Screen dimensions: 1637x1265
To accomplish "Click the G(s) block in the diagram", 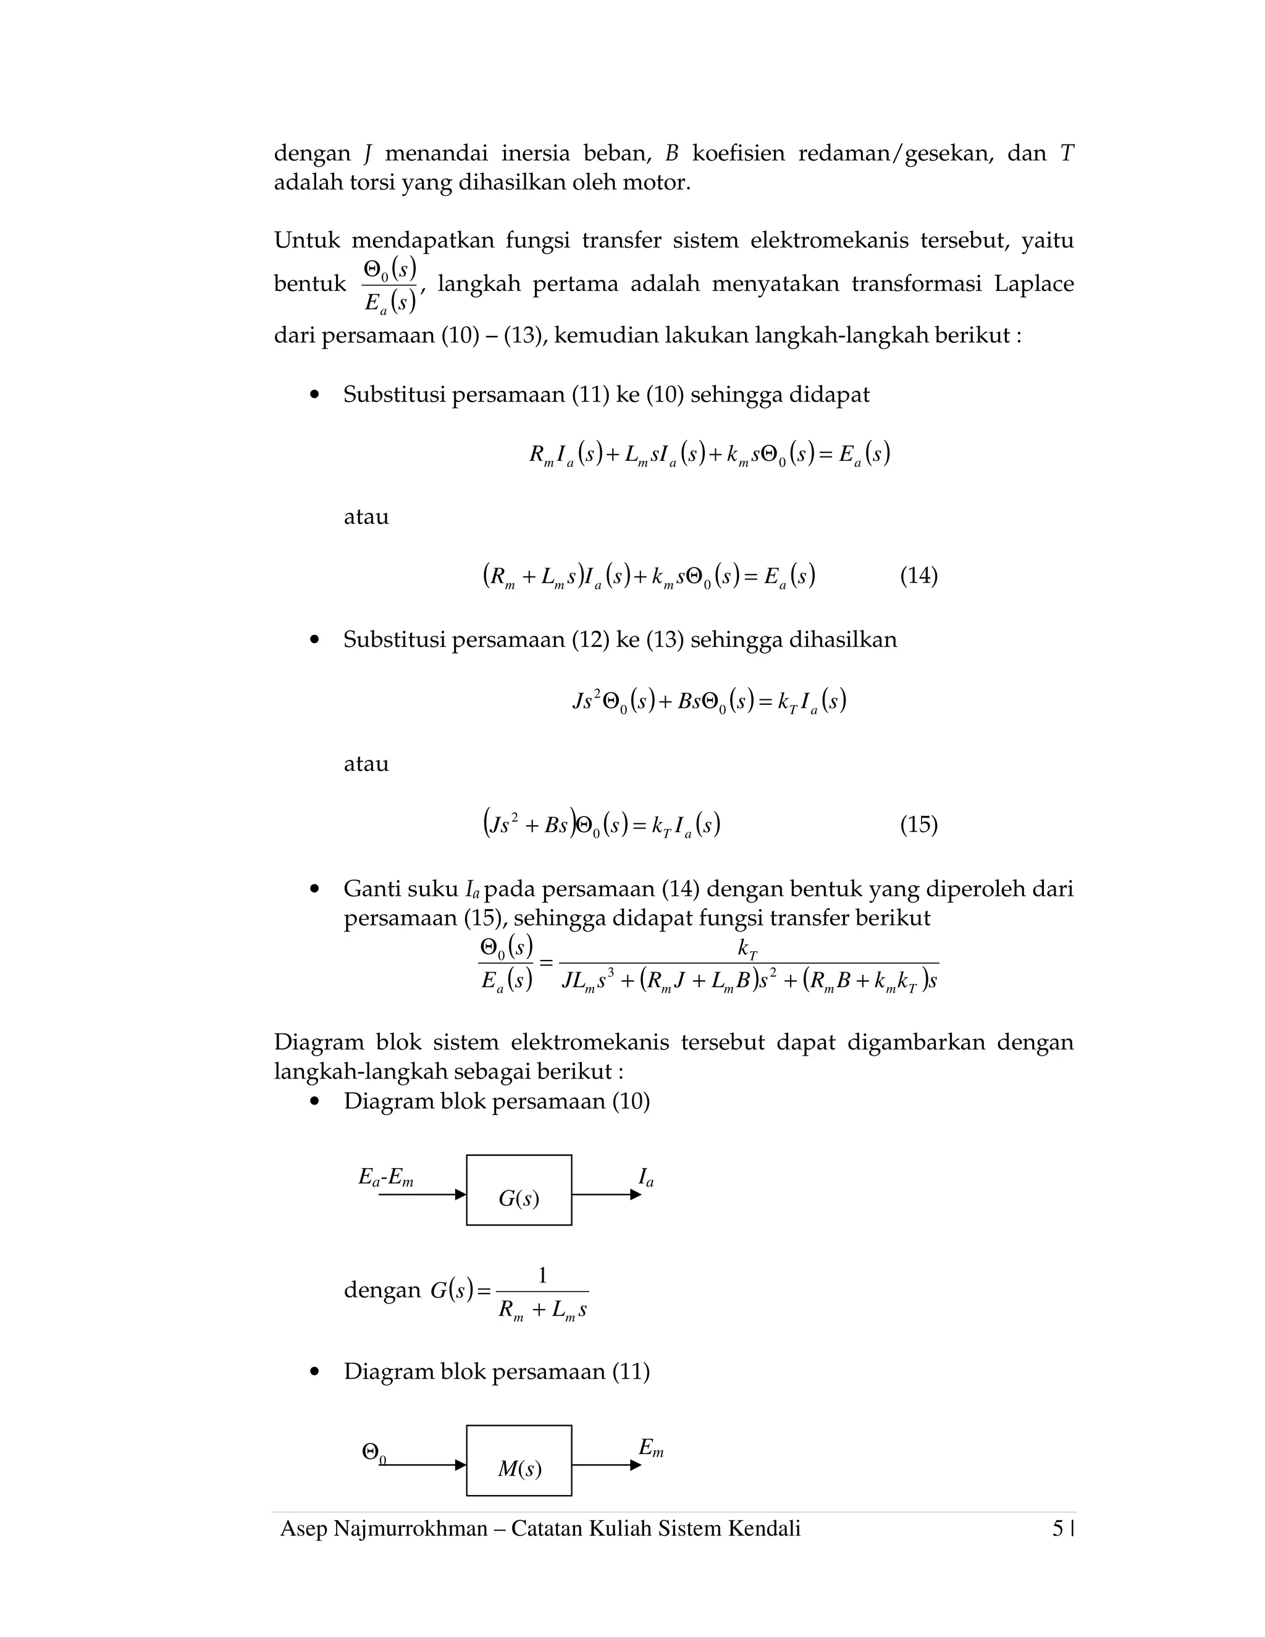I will pos(519,1190).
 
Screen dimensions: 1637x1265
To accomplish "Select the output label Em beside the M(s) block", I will pos(650,1448).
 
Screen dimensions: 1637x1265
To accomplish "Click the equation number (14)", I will pos(918,576).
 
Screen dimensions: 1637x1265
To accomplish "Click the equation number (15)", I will pos(918,825).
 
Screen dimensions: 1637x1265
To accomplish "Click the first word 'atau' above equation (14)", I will pos(366,517).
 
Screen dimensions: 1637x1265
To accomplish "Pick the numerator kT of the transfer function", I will pos(747,949).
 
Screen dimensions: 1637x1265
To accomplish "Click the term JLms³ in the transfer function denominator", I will pos(588,981).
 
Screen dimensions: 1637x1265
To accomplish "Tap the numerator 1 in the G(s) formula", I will pos(542,1275).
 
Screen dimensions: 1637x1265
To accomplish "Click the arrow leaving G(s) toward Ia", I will pos(605,1195).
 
